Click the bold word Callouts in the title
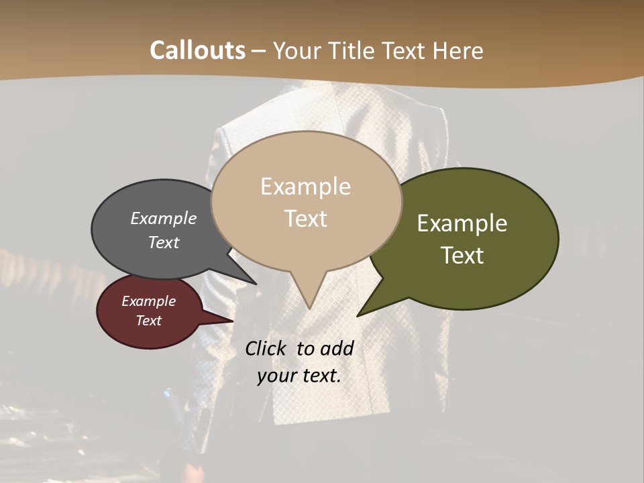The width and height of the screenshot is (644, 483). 197,50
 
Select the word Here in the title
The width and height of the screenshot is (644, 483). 458,50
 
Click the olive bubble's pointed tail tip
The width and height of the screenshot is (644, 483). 359,315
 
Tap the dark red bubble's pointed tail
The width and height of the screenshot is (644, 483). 228,321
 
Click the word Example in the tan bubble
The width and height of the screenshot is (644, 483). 305,186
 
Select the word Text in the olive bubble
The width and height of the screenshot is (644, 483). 463,256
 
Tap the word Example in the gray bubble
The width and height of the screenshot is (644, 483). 164,218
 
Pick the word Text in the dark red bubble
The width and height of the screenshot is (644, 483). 149,321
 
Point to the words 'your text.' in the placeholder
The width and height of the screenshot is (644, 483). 299,376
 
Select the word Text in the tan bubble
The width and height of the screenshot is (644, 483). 306,219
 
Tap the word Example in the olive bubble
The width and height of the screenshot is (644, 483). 462,223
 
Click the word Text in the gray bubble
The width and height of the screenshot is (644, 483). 164,242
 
